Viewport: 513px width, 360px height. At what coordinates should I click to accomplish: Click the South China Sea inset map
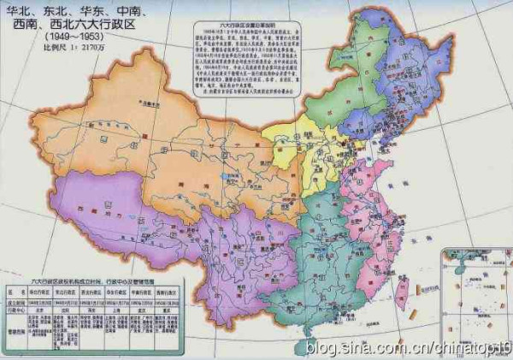(x=475, y=291)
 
